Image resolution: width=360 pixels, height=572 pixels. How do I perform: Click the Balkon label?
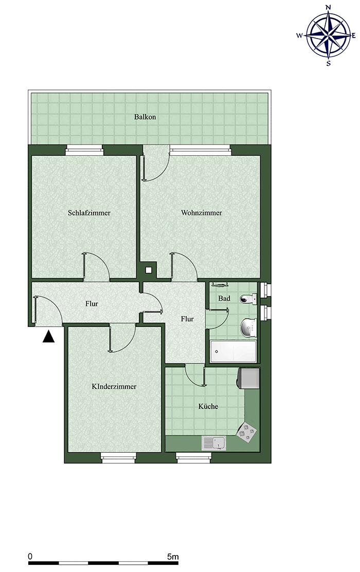click(x=145, y=117)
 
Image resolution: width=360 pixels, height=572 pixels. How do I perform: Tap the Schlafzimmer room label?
click(x=89, y=213)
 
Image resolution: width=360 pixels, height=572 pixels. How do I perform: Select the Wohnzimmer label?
click(x=202, y=213)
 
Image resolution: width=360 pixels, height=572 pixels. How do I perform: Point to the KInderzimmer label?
click(x=114, y=386)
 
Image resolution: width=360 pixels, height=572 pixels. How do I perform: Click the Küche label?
click(x=208, y=406)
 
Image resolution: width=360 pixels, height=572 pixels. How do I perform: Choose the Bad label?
click(x=224, y=298)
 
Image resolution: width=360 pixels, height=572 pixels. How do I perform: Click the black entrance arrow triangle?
click(x=48, y=336)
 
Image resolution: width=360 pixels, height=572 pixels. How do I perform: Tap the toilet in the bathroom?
click(x=248, y=299)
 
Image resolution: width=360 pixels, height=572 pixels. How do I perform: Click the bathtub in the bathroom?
click(x=233, y=352)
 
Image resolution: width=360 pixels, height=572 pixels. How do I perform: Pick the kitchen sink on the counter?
click(x=213, y=443)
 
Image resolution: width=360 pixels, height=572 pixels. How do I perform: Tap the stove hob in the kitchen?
click(x=246, y=432)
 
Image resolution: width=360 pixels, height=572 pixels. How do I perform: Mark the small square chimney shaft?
click(x=149, y=270)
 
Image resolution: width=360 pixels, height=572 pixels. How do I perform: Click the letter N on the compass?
click(x=328, y=7)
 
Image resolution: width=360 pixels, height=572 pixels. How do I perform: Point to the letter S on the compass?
click(x=328, y=63)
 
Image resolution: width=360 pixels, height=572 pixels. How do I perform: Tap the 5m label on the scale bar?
click(x=173, y=557)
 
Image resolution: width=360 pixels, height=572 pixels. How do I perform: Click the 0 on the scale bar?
click(x=30, y=557)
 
